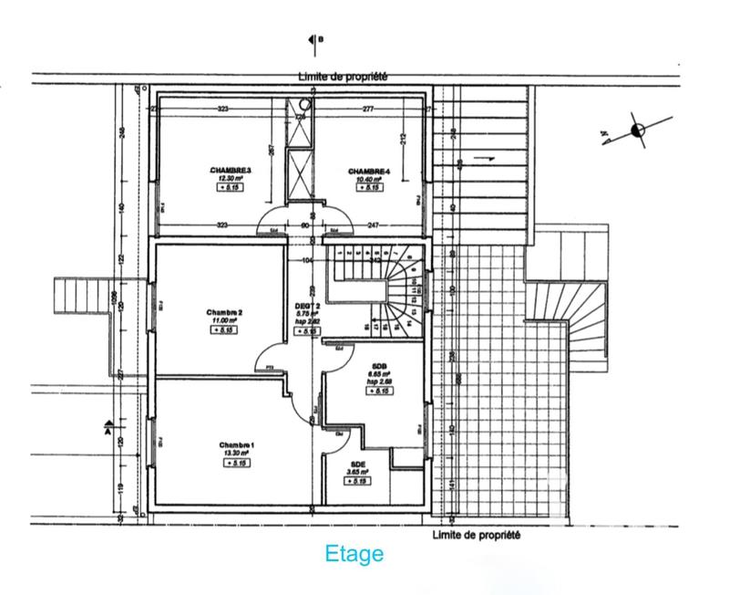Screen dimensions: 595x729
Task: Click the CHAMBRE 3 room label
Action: point(230,171)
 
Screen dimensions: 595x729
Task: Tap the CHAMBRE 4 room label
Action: point(368,171)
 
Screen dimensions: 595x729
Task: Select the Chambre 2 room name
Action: point(224,312)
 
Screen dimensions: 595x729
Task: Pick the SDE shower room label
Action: point(358,464)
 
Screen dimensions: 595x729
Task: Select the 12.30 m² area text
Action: point(230,179)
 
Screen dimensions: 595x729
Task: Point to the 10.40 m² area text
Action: point(368,179)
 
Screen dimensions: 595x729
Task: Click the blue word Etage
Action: point(354,554)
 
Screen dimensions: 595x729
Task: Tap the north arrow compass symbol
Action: point(637,130)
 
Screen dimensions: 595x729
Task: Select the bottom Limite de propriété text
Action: point(477,536)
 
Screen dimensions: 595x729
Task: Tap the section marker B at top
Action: point(316,39)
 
